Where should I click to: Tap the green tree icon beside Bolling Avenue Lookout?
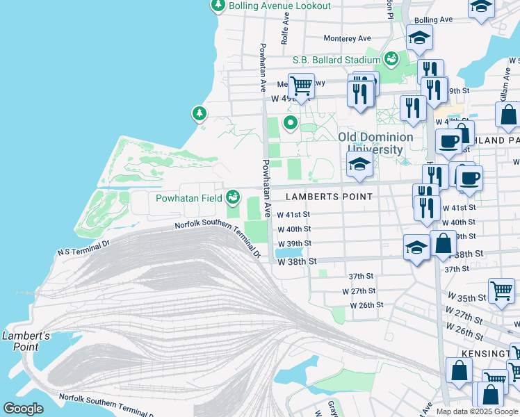click(x=218, y=6)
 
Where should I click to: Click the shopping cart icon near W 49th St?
click(x=300, y=86)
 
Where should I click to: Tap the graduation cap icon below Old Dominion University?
click(x=359, y=164)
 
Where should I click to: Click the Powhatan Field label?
click(x=188, y=197)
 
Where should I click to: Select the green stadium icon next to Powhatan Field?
click(x=233, y=197)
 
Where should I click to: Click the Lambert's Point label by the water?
click(x=25, y=341)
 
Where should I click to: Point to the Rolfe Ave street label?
click(x=284, y=32)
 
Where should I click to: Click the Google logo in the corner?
click(x=23, y=409)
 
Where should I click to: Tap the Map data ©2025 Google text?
click(x=477, y=411)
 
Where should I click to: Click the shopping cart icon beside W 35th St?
click(x=501, y=289)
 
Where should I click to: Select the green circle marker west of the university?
click(x=290, y=124)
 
